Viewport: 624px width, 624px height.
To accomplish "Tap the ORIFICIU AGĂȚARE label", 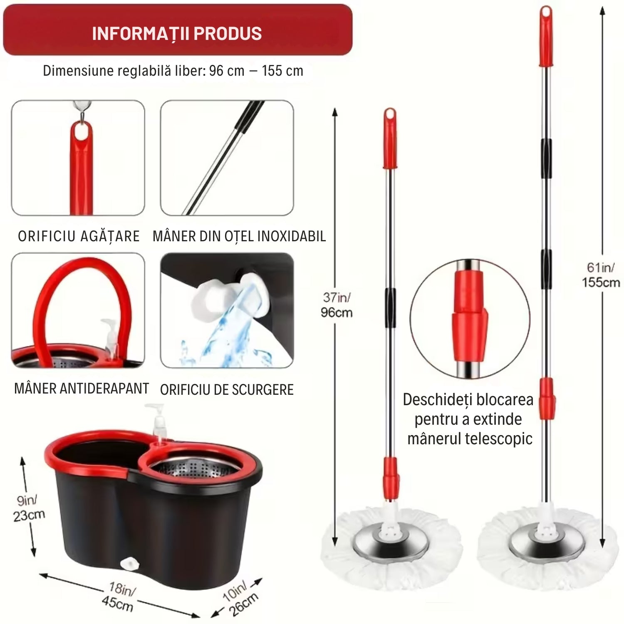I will point(79,236).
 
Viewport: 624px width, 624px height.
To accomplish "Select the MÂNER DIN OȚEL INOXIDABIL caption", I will point(239,236).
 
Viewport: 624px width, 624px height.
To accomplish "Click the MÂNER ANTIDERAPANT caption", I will point(82,389).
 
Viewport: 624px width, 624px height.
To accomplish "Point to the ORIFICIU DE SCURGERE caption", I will point(227,390).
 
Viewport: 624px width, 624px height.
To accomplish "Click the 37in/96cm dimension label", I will point(337,305).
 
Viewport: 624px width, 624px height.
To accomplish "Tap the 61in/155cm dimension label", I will point(600,275).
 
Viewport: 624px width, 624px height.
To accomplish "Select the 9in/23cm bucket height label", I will point(29,508).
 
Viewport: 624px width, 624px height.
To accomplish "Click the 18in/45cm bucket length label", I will point(119,597).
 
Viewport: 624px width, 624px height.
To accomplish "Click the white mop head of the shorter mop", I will point(391,549).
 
